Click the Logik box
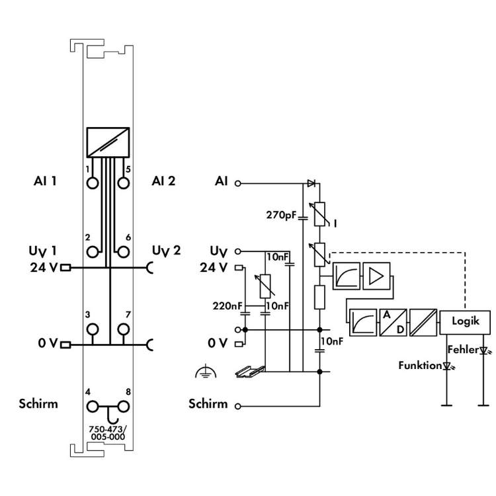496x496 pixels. coord(466,321)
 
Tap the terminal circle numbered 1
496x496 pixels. coord(93,182)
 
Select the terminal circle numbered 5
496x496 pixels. coord(122,182)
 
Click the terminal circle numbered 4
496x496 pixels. coord(93,406)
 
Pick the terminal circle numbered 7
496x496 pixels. coord(122,329)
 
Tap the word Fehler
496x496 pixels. coord(462,349)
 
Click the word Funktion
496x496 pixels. coord(419,364)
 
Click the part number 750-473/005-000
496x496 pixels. coord(108,432)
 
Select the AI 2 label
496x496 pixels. coord(163,181)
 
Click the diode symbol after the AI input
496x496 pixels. coord(311,183)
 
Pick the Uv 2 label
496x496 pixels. coord(165,250)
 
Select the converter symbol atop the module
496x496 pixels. coord(108,142)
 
